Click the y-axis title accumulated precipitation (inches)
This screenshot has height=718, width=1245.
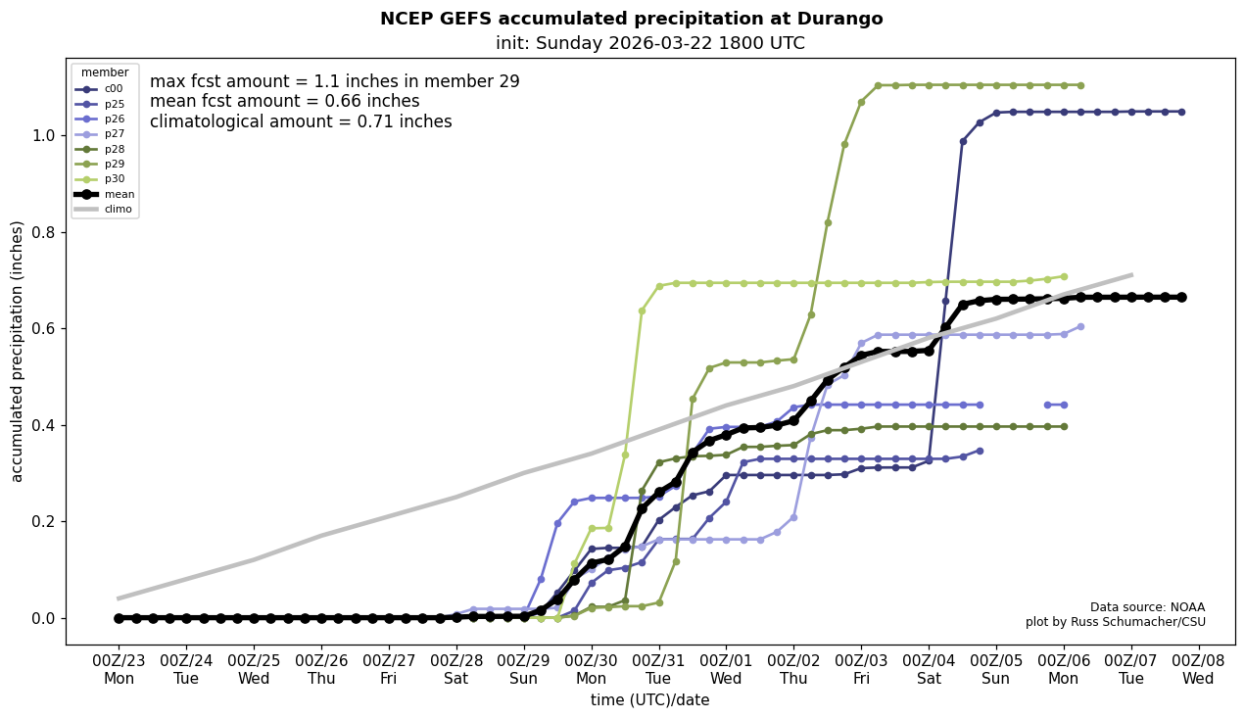18,351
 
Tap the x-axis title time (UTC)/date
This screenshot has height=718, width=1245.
649,700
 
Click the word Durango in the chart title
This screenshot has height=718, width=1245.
838,19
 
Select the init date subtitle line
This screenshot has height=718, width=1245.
649,43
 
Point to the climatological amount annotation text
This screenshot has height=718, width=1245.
301,122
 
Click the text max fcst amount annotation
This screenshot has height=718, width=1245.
334,81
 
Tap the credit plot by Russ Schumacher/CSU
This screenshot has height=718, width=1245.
1115,622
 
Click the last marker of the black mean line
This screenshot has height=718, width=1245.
1181,297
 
